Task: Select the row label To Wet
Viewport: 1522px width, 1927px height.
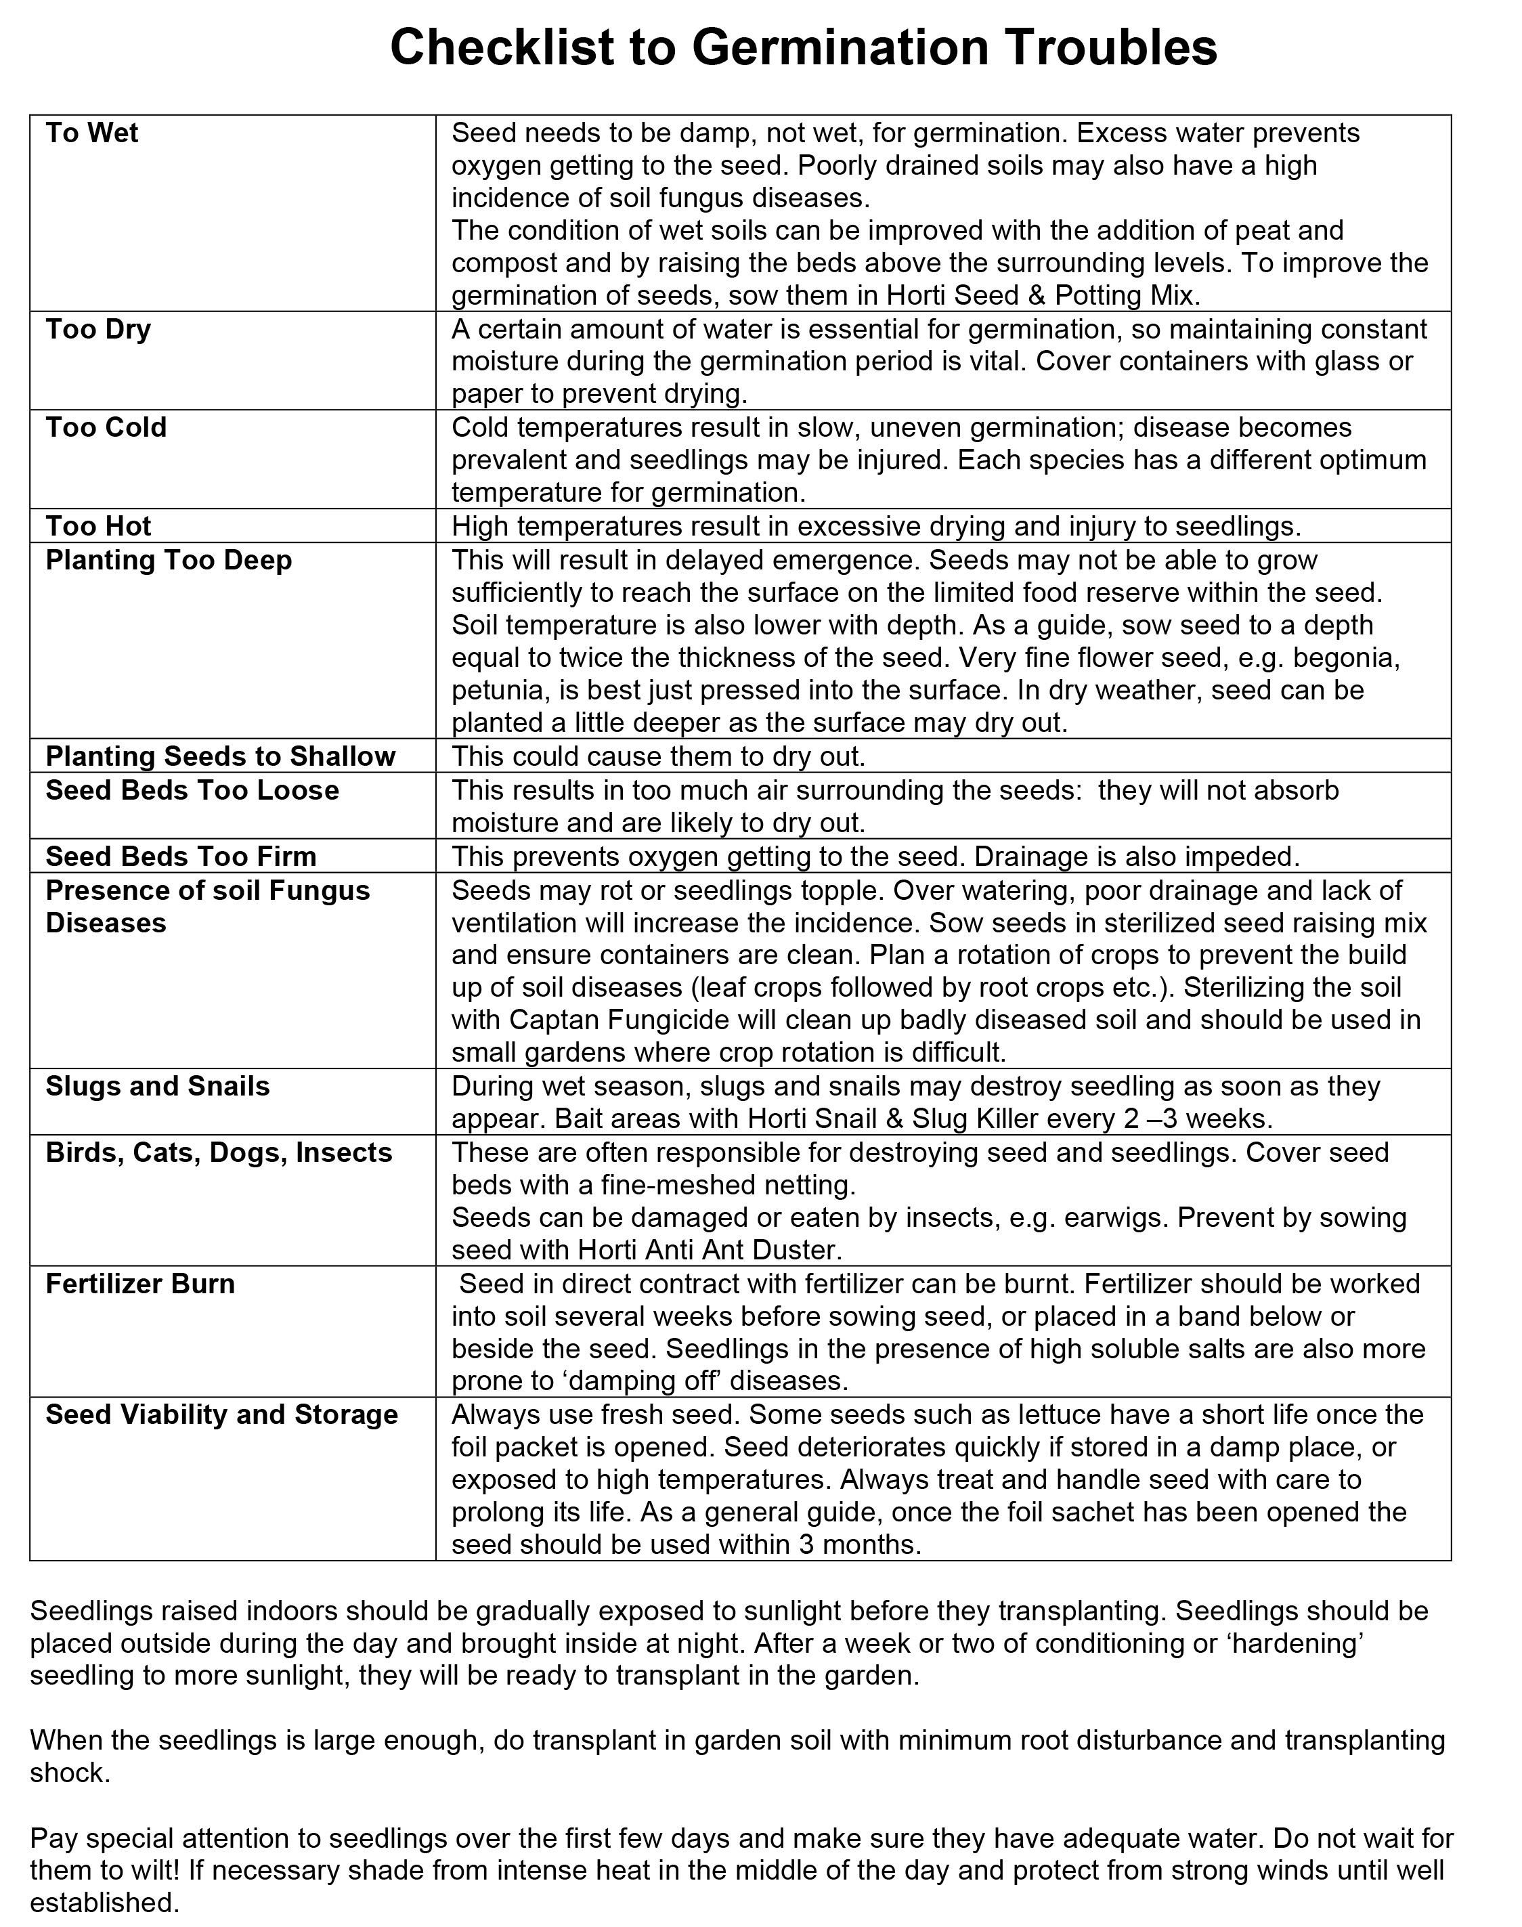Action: [92, 133]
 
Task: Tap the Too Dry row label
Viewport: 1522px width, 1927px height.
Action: [98, 329]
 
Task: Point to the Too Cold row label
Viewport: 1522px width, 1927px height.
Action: [106, 427]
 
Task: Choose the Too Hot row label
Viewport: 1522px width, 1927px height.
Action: [98, 526]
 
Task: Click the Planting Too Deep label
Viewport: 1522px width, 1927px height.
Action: [169, 560]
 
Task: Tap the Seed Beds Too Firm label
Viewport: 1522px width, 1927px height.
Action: [181, 857]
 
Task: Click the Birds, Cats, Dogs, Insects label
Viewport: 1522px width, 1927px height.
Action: [219, 1152]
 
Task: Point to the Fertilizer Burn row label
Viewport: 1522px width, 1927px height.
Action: [140, 1284]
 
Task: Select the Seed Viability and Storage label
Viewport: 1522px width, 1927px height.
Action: [222, 1414]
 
